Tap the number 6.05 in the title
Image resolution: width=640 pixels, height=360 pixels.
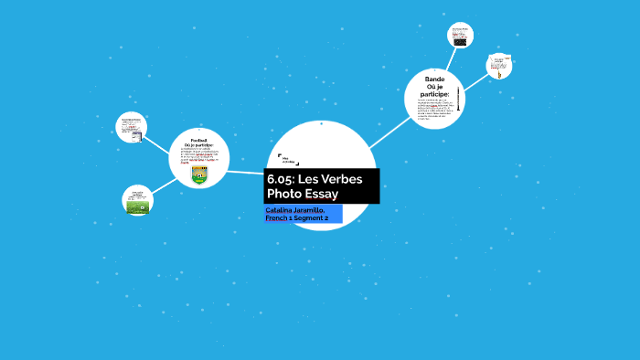[x=280, y=178]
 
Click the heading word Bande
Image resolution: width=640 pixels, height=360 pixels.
[x=434, y=79]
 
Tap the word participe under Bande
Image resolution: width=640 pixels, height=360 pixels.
[x=435, y=92]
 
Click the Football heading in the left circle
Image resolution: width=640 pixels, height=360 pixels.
[x=198, y=140]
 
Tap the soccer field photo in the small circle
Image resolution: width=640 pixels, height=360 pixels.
[x=137, y=206]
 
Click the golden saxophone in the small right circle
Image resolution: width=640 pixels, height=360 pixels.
[x=498, y=67]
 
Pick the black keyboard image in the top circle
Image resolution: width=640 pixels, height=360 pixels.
[x=460, y=41]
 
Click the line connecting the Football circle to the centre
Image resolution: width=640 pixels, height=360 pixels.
[x=245, y=171]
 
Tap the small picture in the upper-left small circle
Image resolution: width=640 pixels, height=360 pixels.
[x=135, y=135]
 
